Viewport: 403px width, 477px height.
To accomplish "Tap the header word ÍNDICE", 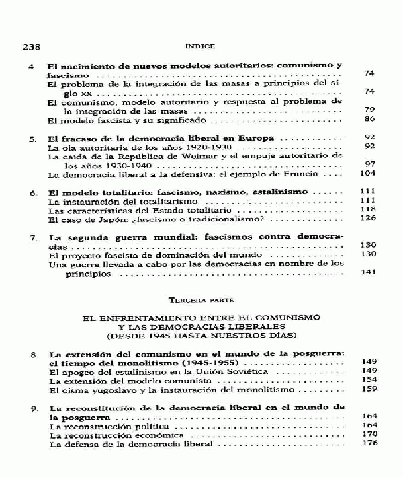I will [x=201, y=46].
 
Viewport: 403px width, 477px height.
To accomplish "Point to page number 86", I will [x=368, y=120].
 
